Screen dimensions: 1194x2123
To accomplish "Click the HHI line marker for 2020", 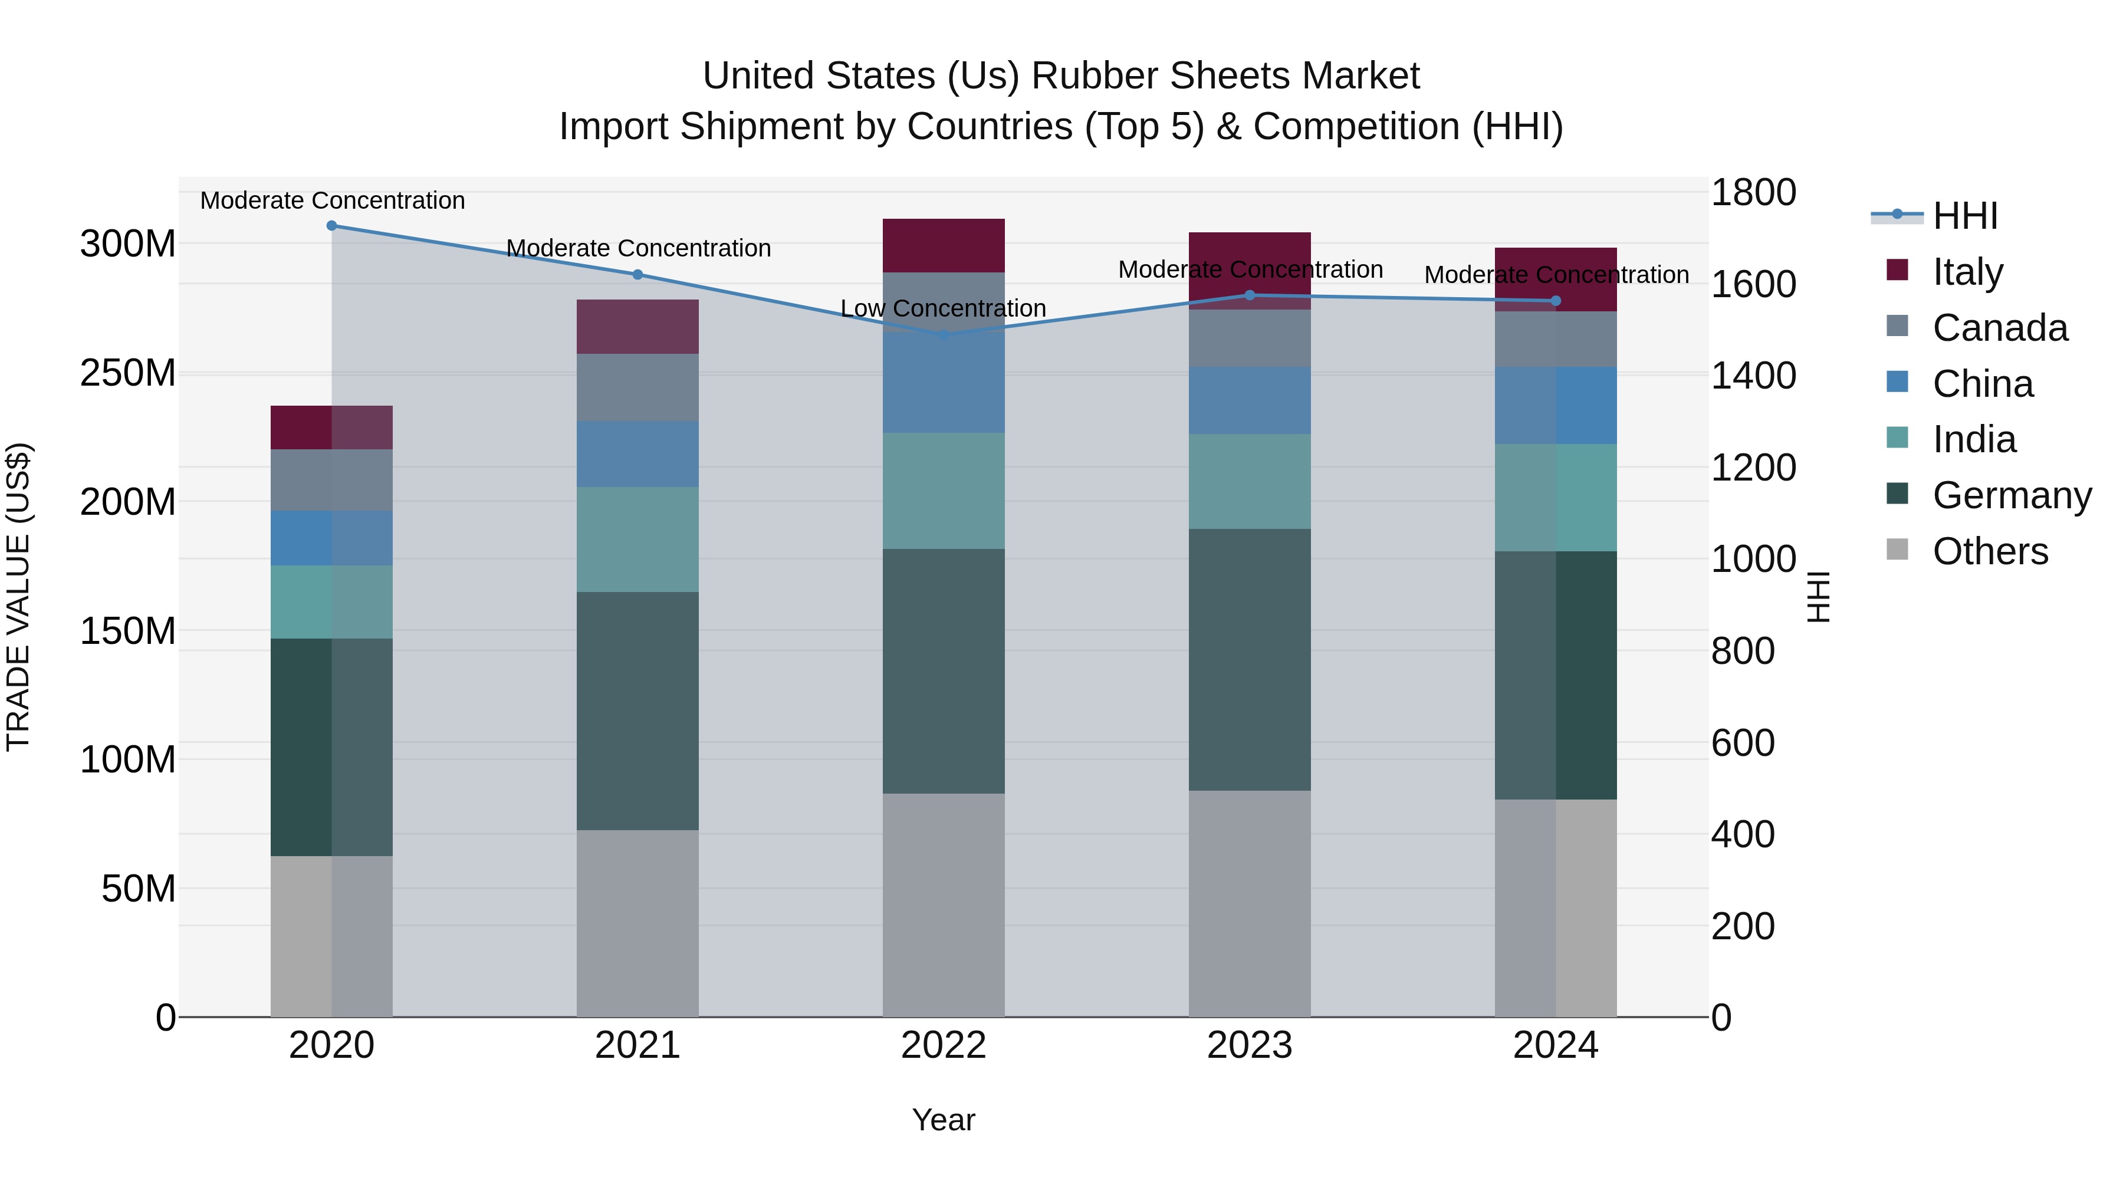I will pos(331,225).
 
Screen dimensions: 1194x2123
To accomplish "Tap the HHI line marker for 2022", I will pos(944,334).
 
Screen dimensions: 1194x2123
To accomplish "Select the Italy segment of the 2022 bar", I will pos(944,245).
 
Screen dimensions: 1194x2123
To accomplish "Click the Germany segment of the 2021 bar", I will pos(637,711).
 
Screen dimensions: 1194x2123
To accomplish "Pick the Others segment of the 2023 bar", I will pos(1250,903).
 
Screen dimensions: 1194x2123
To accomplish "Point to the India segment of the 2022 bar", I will pos(944,491).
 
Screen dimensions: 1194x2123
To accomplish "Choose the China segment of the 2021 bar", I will pos(637,453).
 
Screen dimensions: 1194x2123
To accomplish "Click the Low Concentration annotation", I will pos(943,308).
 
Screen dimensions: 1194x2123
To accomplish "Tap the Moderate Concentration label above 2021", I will pos(638,248).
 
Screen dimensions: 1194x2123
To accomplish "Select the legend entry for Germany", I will pos(2011,495).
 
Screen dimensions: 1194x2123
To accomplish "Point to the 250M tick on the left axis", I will pos(128,373).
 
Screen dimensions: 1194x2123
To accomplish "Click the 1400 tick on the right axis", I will pos(1753,376).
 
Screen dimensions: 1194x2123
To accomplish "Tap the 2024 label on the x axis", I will pos(1555,1045).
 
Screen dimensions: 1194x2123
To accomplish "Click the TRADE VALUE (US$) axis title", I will pos(18,597).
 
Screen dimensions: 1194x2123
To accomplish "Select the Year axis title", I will pos(943,1120).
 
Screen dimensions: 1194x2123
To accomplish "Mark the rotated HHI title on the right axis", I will pos(1818,597).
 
